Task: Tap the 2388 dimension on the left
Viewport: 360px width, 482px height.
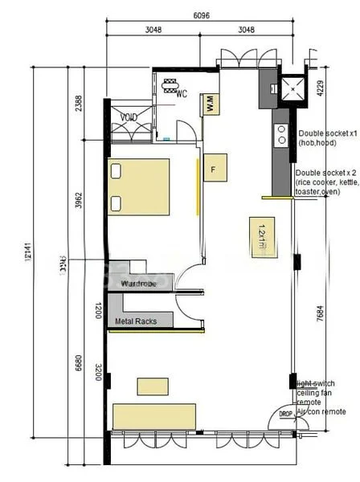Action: pyautogui.click(x=78, y=104)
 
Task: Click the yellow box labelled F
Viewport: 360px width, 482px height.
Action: pyautogui.click(x=213, y=170)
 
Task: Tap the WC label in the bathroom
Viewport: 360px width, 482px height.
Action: pyautogui.click(x=182, y=94)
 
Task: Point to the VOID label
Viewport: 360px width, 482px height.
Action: pyautogui.click(x=129, y=117)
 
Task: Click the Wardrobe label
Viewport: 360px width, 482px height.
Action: pyautogui.click(x=138, y=284)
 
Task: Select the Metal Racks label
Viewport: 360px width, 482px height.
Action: pyautogui.click(x=134, y=321)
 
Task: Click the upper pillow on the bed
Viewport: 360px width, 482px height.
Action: pyautogui.click(x=117, y=171)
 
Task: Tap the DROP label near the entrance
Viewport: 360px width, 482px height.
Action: pyautogui.click(x=285, y=413)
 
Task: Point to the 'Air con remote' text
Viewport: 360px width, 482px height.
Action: pyautogui.click(x=321, y=411)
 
